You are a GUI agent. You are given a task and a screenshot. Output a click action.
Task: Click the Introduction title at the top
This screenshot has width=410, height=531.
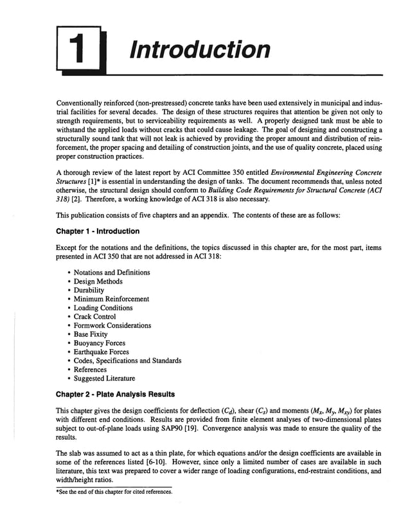pos(199,50)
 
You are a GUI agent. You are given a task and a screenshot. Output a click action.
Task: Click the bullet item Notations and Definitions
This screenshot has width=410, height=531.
pos(112,273)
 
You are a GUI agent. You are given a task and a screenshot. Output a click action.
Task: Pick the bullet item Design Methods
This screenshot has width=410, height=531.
pos(98,282)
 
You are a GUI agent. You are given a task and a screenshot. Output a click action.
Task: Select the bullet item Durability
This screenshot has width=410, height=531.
pos(89,290)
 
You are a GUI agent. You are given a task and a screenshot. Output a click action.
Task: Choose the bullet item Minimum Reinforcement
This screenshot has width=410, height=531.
pos(111,299)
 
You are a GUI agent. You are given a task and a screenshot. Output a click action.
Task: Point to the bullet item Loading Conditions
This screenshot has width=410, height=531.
pos(103,308)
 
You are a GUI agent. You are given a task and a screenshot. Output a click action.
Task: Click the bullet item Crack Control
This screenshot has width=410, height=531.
pos(95,317)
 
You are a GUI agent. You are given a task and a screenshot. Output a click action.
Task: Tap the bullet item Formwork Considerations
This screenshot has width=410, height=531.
pos(112,325)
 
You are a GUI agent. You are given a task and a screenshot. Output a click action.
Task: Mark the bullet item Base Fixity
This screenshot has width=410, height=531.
pos(91,334)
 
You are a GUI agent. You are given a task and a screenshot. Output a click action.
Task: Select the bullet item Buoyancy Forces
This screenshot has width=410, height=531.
pos(100,343)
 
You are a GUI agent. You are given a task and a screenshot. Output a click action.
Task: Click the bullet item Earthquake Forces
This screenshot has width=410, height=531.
pos(102,352)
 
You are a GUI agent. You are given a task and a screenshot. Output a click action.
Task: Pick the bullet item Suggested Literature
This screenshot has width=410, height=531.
pos(104,379)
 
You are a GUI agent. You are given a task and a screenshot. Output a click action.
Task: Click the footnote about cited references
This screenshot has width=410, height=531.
pos(114,492)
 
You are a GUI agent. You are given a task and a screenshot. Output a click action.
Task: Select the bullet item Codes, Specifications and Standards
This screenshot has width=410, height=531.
pos(127,361)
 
